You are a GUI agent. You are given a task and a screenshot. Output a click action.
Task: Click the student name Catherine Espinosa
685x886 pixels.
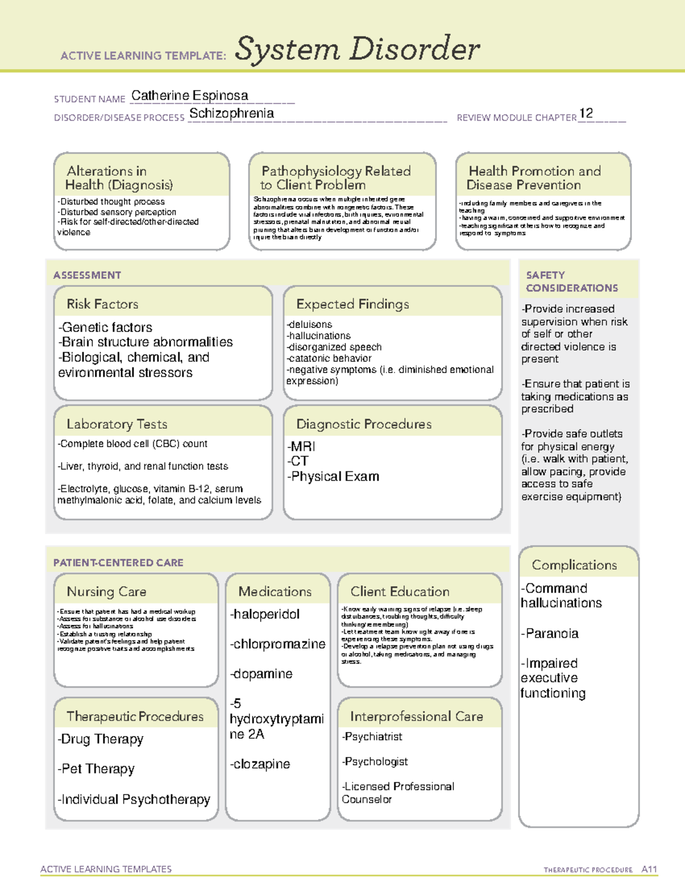click(x=190, y=96)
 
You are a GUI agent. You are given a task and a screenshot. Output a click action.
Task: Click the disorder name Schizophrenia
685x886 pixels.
click(x=231, y=114)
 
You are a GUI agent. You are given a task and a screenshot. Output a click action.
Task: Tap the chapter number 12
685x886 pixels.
click(x=586, y=113)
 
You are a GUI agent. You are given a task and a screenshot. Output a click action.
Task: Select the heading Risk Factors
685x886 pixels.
click(x=102, y=304)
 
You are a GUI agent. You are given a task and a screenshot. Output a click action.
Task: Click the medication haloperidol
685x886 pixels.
click(x=265, y=614)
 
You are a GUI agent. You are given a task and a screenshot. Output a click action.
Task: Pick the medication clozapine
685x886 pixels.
click(x=261, y=764)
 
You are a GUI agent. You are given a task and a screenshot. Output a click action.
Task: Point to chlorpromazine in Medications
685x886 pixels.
click(x=277, y=644)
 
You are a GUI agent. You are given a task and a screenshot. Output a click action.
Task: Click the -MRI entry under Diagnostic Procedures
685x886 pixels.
click(x=301, y=446)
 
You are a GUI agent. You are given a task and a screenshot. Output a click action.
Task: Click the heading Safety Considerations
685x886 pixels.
click(x=571, y=281)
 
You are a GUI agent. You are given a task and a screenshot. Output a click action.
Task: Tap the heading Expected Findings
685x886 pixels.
click(x=352, y=304)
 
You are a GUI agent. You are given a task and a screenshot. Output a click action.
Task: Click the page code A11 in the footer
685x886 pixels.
click(x=649, y=869)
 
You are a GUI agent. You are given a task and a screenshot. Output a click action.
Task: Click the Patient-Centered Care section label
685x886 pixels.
click(x=118, y=563)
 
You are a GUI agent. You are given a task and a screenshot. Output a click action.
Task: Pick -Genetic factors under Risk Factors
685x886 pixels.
click(x=106, y=327)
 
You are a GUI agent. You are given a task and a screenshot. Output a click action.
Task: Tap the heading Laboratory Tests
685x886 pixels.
click(x=117, y=424)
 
